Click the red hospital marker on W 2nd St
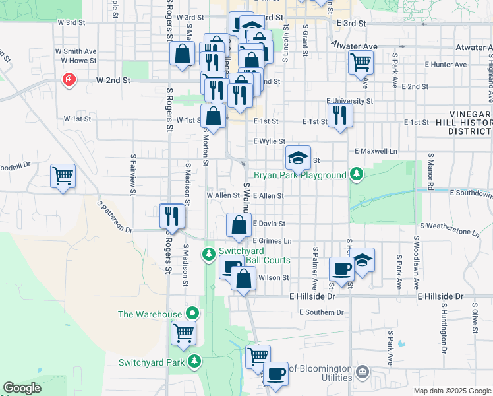coord(68,81)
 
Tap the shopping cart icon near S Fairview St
coord(63,176)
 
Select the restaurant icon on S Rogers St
coord(171,216)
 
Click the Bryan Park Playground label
coord(308,175)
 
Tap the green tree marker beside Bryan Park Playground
coord(357,174)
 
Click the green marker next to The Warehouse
coord(192,313)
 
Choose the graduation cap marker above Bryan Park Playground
coord(298,158)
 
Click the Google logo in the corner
coord(22,388)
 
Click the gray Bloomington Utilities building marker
coord(362,372)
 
